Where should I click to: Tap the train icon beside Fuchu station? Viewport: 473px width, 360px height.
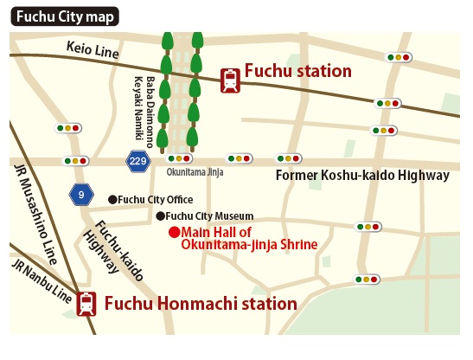231,80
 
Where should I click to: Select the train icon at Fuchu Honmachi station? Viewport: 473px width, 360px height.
86,305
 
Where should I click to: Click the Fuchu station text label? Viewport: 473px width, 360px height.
297,72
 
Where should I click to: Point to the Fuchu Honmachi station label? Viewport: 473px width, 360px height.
201,304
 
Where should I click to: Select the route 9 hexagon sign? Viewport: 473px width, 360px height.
80,194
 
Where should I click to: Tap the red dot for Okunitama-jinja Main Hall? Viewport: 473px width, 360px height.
173,232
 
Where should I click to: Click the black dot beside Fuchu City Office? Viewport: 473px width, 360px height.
112,199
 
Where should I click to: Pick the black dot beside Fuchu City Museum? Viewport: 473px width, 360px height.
160,215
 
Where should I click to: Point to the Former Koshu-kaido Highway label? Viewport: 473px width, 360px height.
362,176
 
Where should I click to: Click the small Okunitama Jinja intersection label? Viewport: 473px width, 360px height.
195,172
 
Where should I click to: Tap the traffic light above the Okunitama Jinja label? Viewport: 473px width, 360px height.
178,159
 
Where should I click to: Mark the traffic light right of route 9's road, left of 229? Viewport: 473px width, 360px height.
76,161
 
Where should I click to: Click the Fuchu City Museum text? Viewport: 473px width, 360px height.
209,215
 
